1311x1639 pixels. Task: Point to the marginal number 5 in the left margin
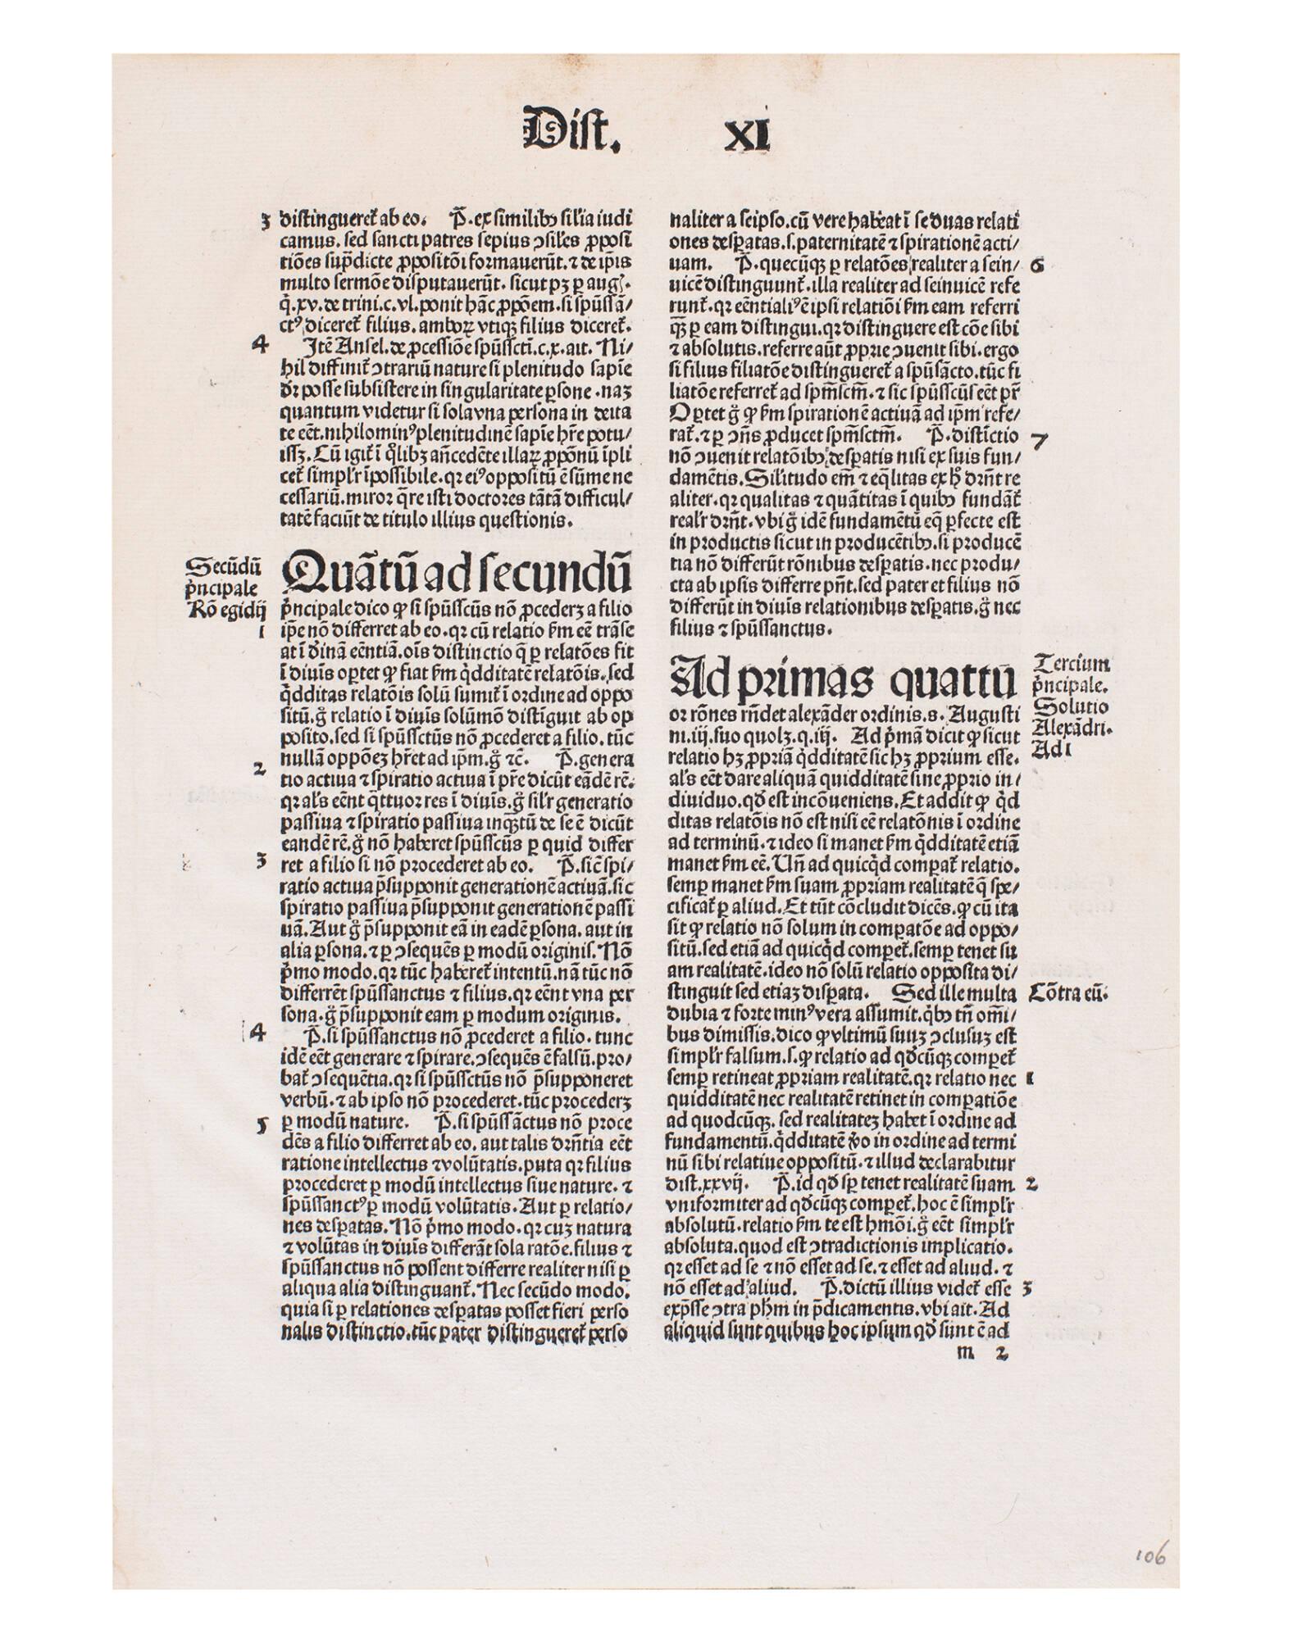261,1126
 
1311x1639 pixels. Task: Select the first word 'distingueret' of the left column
321,220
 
